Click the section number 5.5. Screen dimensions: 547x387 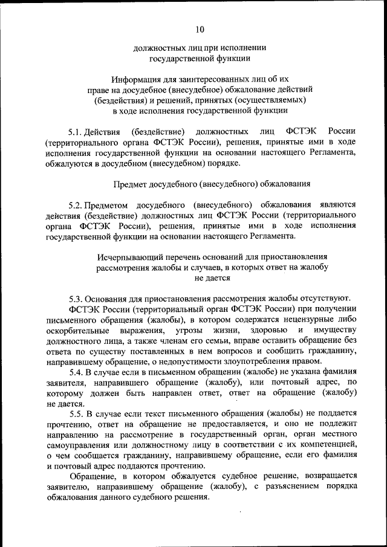tap(76, 413)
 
